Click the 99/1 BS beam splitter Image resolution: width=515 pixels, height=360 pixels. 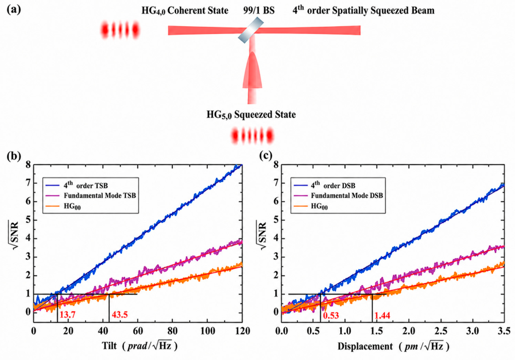[251, 30]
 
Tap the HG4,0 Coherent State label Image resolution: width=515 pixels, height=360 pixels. [185, 11]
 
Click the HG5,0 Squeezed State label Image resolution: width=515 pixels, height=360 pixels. [251, 115]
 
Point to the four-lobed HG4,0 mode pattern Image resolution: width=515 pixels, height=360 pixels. [120, 30]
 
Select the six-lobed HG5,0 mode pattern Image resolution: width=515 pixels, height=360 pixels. [252, 136]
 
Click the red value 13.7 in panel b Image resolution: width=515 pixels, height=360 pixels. [68, 315]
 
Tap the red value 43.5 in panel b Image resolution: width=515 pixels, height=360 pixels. [119, 315]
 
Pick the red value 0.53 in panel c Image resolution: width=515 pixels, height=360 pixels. [331, 316]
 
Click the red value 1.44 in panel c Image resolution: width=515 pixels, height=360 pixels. [382, 316]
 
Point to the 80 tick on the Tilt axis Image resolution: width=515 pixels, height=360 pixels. [172, 330]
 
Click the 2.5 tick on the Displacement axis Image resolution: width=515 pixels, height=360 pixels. [440, 330]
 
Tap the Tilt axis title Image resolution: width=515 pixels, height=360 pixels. [140, 346]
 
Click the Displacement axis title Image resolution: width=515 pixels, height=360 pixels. [393, 346]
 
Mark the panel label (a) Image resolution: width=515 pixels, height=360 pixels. [14, 10]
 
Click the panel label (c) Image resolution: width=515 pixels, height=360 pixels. [266, 155]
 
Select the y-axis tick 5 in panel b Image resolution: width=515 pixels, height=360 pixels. [28, 220]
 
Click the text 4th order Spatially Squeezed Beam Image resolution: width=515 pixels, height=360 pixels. [363, 10]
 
